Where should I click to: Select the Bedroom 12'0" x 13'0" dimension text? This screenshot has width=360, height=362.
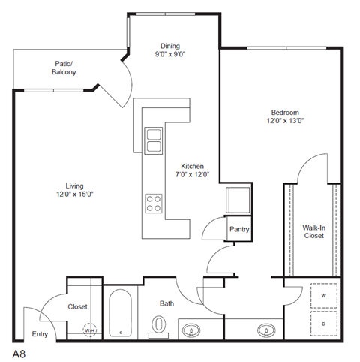click(283, 120)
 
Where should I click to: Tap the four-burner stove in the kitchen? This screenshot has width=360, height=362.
click(154, 203)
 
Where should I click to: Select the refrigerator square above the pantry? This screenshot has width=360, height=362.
click(239, 200)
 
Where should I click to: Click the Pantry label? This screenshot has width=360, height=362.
click(239, 230)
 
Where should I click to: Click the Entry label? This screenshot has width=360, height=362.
click(39, 336)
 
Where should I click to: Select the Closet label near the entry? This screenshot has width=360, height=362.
click(78, 306)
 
